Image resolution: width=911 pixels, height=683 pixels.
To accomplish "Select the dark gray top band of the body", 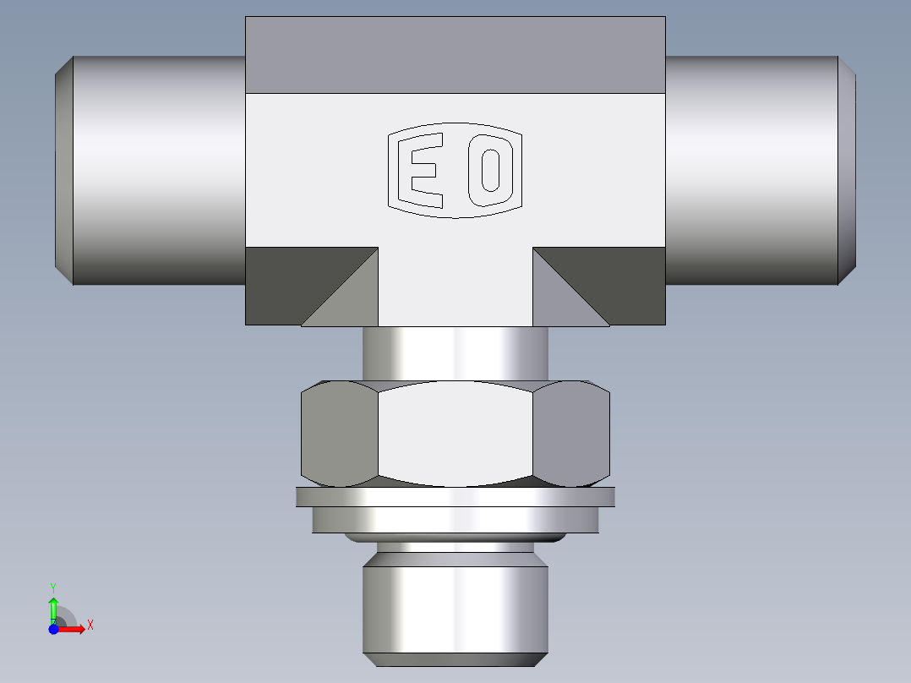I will point(455,54).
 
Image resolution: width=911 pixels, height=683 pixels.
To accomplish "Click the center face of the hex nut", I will point(455,433).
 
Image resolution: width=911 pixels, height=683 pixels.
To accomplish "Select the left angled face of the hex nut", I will point(338,433).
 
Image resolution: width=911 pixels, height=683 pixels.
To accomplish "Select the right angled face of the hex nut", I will point(571,433).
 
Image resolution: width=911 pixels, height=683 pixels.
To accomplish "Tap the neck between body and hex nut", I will point(455,352).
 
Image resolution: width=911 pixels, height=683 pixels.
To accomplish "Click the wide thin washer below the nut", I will point(455,497).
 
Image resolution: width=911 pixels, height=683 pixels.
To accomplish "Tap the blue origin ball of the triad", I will point(53,629).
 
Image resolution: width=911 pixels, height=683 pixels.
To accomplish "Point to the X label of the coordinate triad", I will point(90,626).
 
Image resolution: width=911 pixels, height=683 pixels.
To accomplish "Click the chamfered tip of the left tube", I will point(63,169).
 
